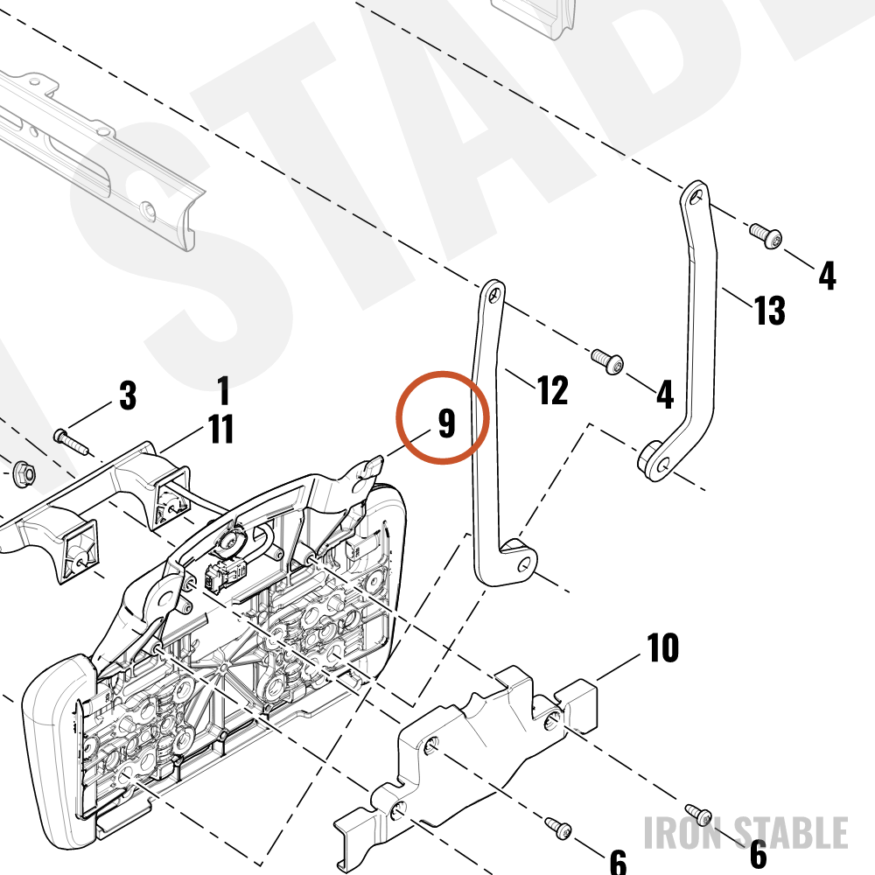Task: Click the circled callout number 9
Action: tap(446, 423)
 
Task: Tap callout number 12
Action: tap(552, 390)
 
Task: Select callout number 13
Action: tap(769, 311)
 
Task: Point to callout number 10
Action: tap(663, 647)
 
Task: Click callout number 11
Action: tap(221, 429)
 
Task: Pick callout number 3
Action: tap(128, 395)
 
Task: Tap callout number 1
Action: tap(223, 390)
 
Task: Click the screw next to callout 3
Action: tap(71, 441)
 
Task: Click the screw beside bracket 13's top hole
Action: tap(765, 235)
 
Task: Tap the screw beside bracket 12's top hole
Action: tap(607, 360)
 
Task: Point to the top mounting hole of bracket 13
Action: tap(694, 196)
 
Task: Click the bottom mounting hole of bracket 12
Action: tap(523, 565)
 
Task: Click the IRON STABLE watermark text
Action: tap(746, 833)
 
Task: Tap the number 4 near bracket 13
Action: tap(827, 276)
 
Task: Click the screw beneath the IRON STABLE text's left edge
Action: tap(698, 814)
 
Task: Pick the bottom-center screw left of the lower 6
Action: tap(557, 828)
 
